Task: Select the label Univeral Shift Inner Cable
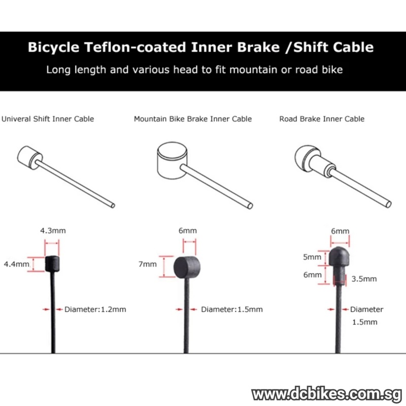click(x=48, y=119)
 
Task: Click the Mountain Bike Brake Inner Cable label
click(x=193, y=119)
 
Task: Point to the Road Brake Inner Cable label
click(x=322, y=119)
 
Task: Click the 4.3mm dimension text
click(x=53, y=231)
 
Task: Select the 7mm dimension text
click(x=148, y=264)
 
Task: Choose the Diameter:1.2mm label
click(x=95, y=309)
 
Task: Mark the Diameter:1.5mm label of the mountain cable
click(x=232, y=309)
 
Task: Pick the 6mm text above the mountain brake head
click(x=187, y=231)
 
